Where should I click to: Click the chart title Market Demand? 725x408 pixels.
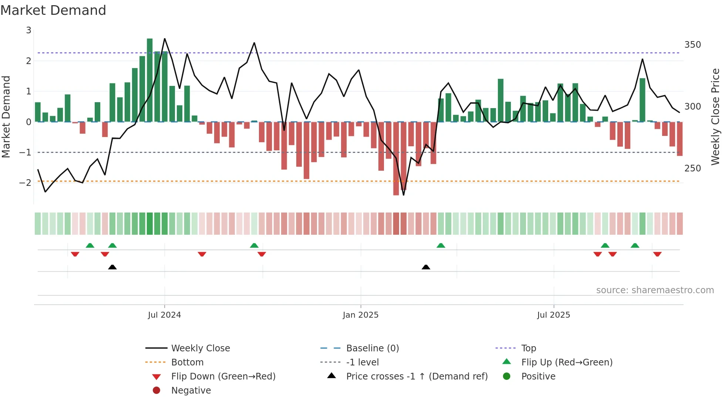[53, 10]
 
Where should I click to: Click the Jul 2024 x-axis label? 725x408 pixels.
[164, 315]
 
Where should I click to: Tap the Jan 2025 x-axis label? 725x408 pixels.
[360, 315]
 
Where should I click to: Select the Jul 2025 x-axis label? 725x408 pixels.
[553, 315]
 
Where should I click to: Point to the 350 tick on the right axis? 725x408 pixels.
[692, 45]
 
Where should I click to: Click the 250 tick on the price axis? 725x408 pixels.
[692, 168]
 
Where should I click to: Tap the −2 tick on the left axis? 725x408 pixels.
[25, 183]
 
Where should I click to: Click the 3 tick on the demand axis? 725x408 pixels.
[28, 30]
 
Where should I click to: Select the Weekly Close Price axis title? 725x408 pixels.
[715, 117]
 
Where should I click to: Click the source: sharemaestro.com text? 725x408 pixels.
[655, 290]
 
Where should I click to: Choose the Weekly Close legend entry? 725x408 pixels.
[200, 348]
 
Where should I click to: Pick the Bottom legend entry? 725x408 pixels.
[187, 362]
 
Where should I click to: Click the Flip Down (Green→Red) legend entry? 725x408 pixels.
[223, 377]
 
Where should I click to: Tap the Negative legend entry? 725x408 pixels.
[191, 391]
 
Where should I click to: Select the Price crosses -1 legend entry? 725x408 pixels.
[417, 377]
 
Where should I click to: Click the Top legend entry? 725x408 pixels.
[528, 348]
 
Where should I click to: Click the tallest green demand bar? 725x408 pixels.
[149, 80]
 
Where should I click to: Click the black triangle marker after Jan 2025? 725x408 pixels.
[426, 267]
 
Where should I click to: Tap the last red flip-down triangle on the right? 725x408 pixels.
[657, 254]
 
